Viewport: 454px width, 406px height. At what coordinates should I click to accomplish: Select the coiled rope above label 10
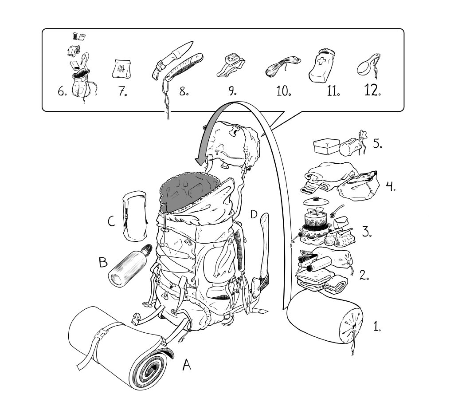coord(282,66)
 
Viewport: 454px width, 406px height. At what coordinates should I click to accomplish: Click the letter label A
coord(187,365)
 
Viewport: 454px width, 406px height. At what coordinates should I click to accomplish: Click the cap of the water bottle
coord(149,249)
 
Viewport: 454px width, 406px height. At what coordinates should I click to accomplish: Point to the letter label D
coord(254,215)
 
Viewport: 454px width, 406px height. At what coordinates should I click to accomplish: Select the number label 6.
coord(62,91)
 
